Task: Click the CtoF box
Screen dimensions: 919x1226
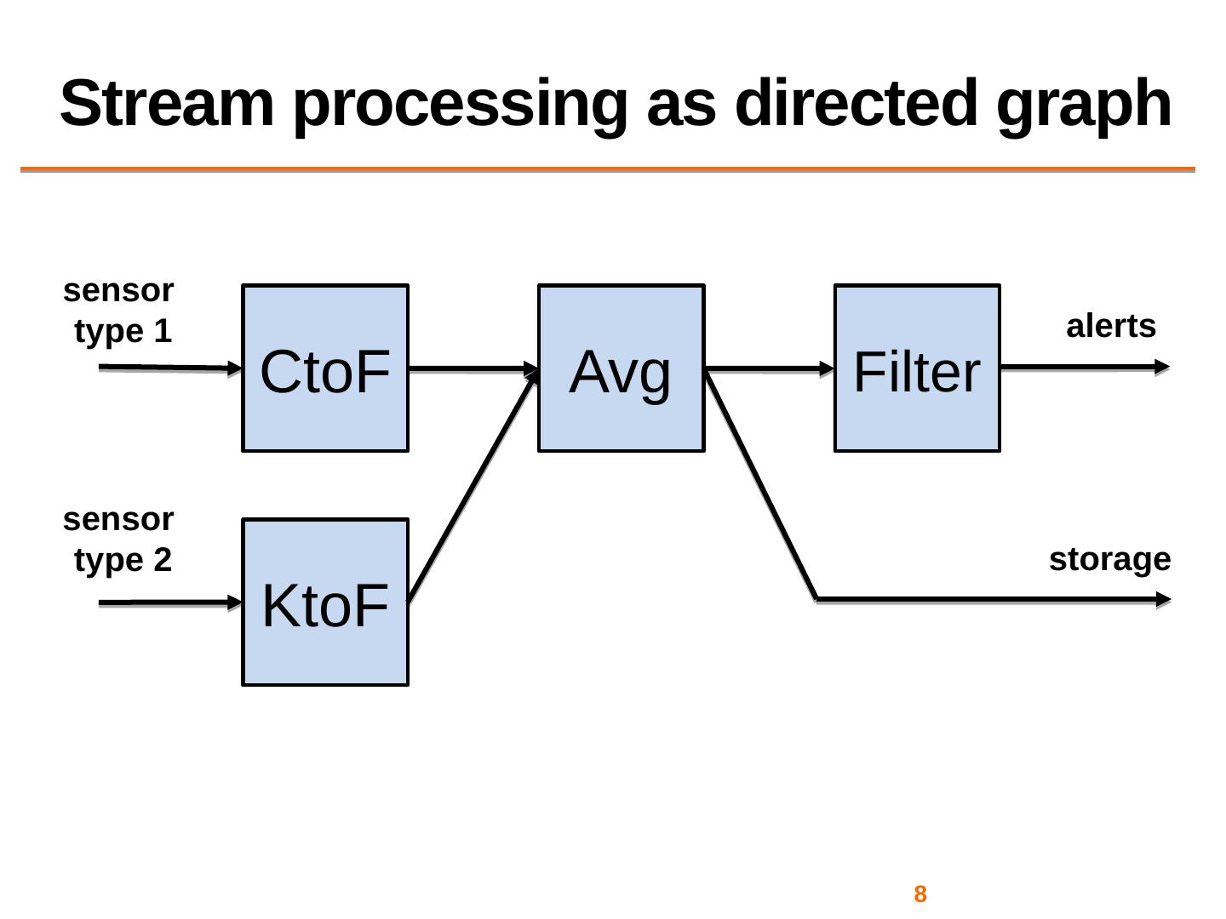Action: [325, 368]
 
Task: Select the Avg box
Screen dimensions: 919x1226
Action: [621, 368]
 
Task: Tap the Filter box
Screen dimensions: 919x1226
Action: [916, 368]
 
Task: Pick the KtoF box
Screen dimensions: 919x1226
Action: [325, 602]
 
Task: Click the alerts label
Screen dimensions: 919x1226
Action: [1110, 327]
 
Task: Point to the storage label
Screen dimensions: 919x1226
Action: [1109, 560]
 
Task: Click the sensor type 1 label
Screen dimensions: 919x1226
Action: [120, 311]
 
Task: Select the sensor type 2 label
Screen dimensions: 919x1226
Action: [120, 539]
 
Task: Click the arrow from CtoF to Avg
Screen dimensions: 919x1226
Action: [473, 369]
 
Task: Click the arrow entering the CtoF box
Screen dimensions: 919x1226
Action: [170, 368]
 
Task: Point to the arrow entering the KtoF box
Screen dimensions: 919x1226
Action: [170, 602]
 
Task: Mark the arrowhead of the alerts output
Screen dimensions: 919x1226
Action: [1162, 368]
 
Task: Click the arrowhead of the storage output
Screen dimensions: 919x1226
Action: [1162, 600]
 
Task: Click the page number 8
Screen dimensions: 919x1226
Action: [919, 894]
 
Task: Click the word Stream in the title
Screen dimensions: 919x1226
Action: [167, 104]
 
